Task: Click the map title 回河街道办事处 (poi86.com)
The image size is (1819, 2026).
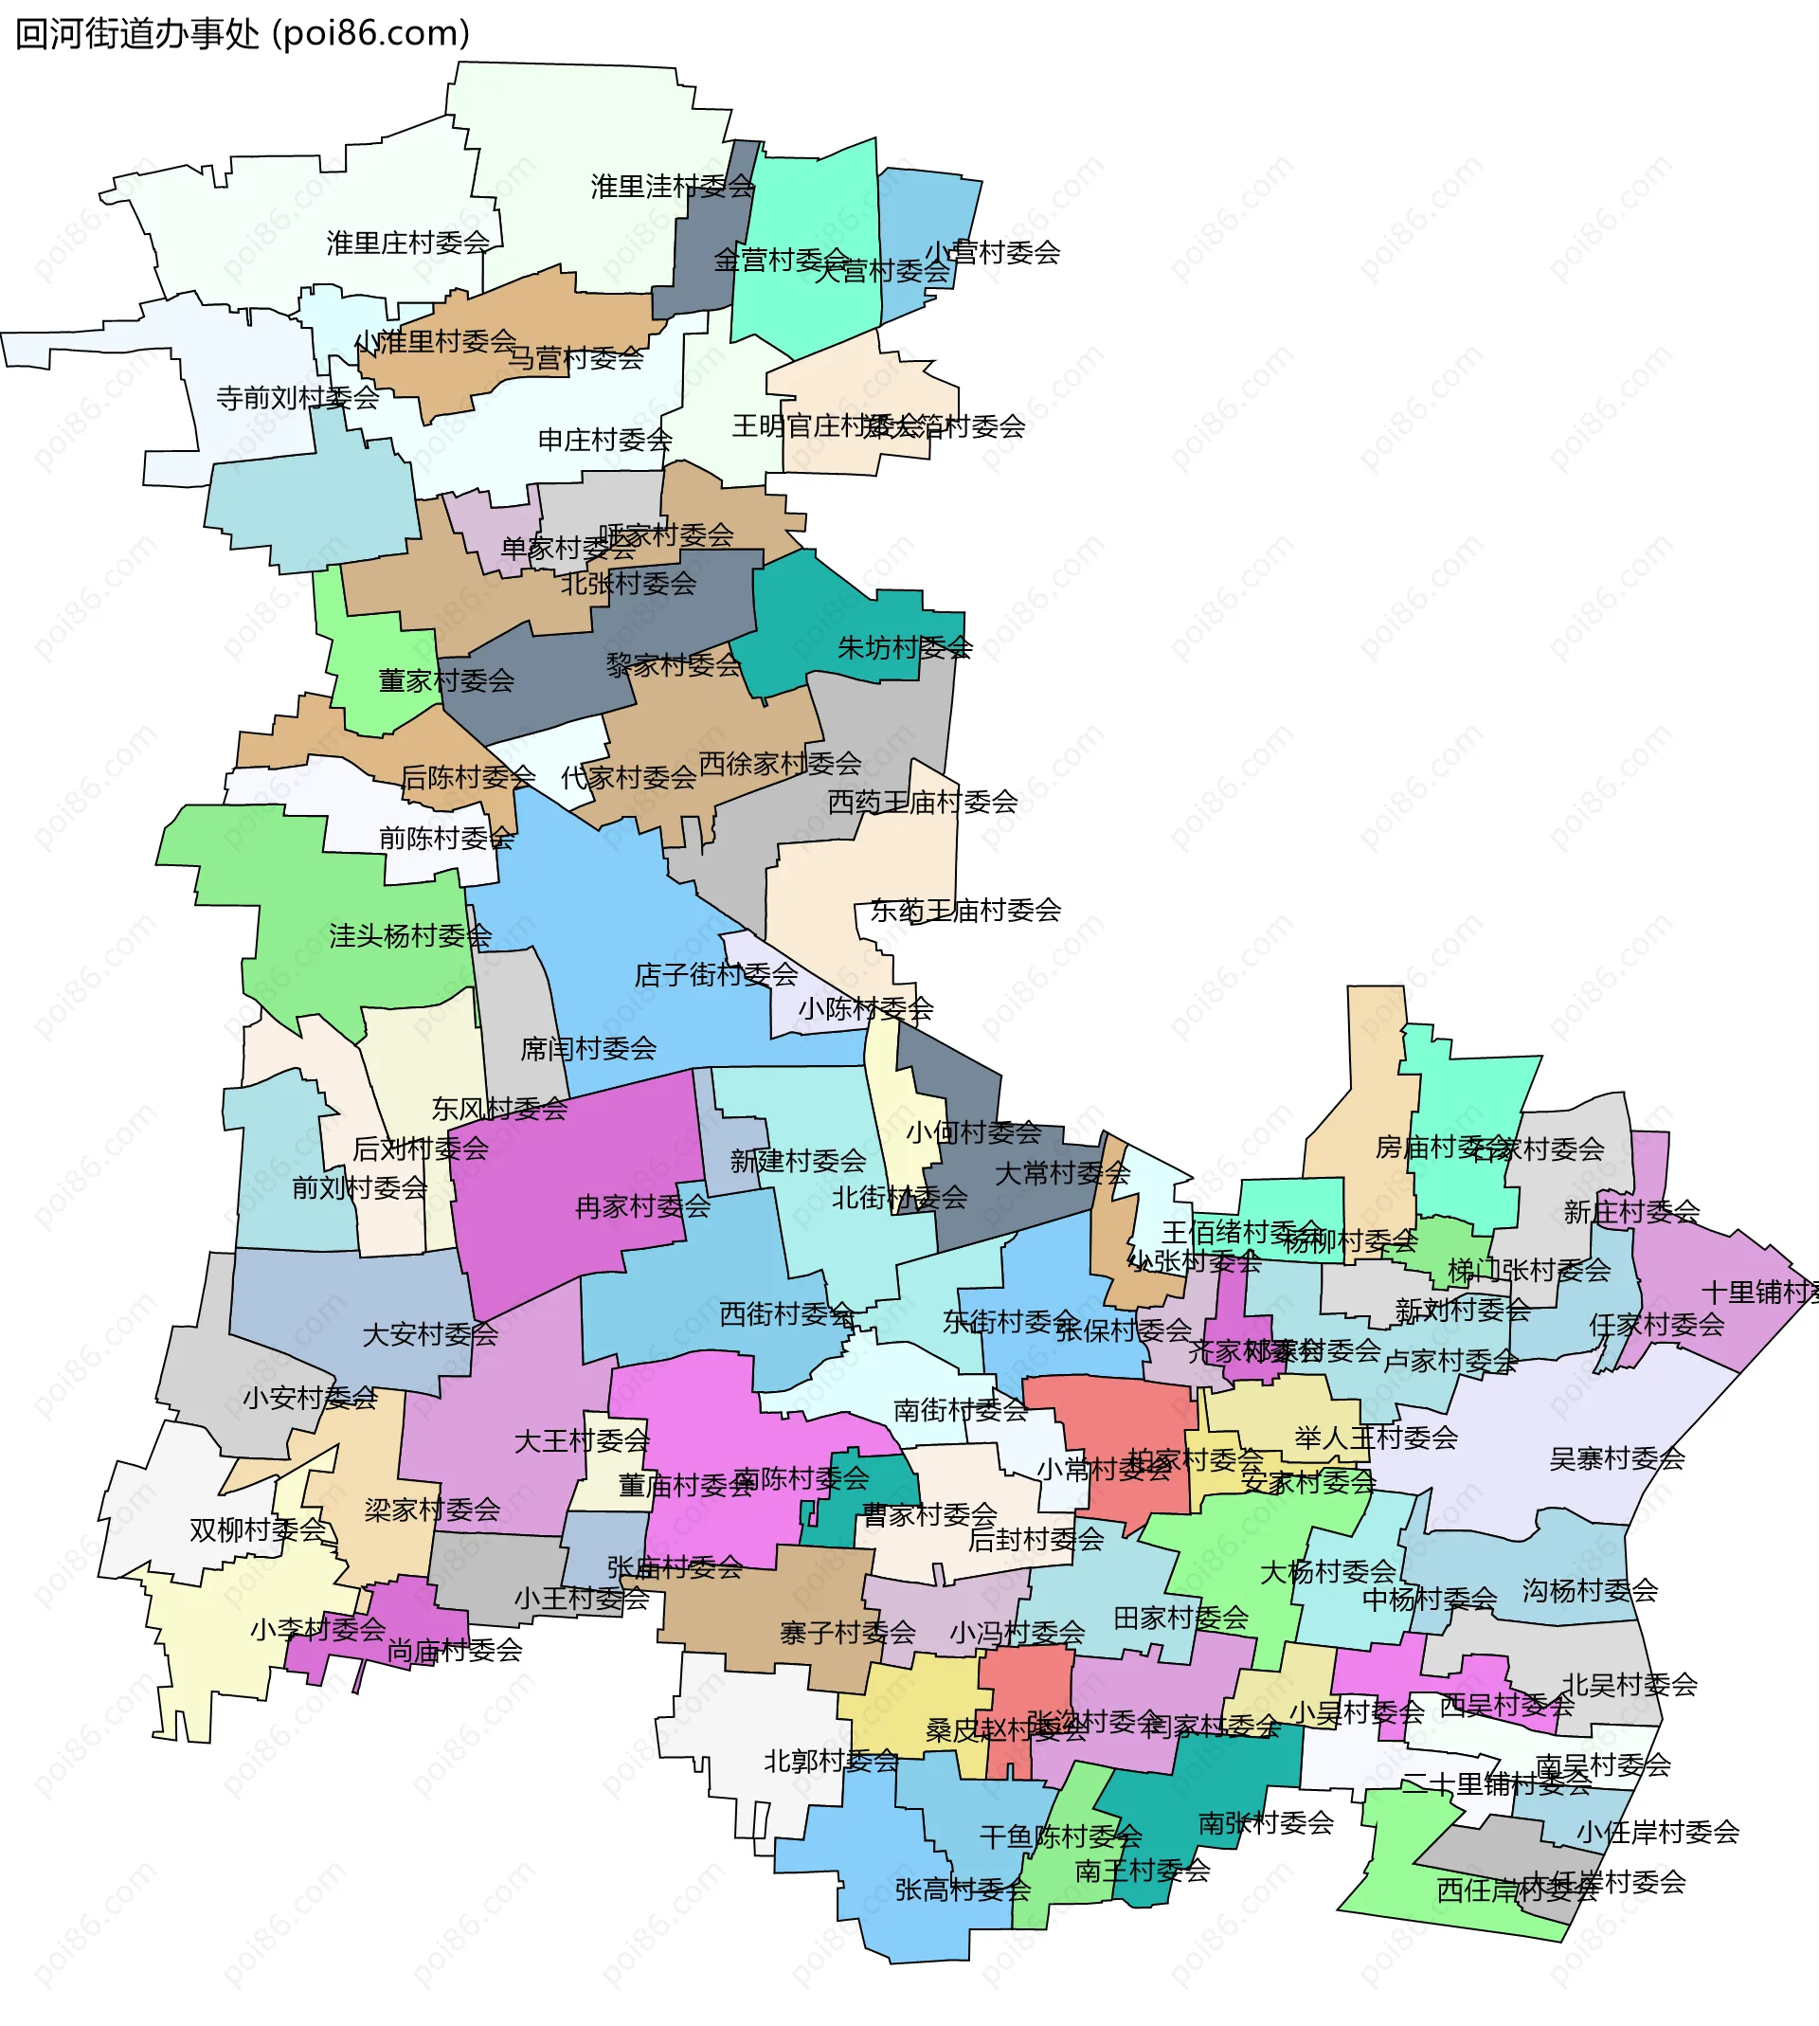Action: coord(242,34)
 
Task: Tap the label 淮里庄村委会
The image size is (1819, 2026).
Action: coord(407,243)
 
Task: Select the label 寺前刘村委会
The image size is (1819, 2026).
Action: coord(297,398)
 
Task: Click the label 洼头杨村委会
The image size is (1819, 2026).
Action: coord(410,935)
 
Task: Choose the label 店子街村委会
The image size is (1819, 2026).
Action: coord(715,974)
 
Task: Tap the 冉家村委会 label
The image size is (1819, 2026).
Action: coord(642,1206)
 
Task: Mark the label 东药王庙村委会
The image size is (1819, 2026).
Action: coord(964,910)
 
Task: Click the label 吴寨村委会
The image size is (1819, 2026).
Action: coord(1616,1458)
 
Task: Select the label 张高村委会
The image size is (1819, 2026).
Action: coord(962,1889)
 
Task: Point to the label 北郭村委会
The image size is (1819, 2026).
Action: coord(831,1761)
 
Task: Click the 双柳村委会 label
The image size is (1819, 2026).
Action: coord(258,1529)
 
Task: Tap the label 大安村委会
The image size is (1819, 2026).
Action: coord(430,1334)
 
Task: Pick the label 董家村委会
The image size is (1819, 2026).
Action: coord(446,680)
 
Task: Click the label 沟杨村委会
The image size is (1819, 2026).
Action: coord(1589,1590)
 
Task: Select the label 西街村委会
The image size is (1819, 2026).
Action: coord(786,1314)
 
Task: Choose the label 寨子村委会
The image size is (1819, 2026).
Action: coord(848,1633)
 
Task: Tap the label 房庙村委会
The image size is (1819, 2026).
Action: coord(1430,1147)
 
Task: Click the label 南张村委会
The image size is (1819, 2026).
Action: coord(1266,1823)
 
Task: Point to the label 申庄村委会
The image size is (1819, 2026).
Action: coord(604,440)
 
